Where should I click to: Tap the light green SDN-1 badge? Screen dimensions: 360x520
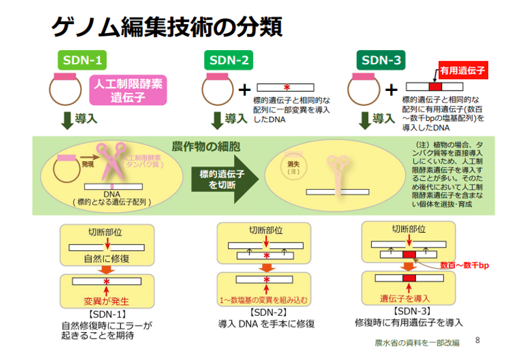coord(82,61)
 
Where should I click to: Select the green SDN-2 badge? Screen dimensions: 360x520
coord(228,61)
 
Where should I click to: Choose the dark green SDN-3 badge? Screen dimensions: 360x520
coord(382,61)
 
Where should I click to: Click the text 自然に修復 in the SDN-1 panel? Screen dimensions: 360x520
coord(107,258)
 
